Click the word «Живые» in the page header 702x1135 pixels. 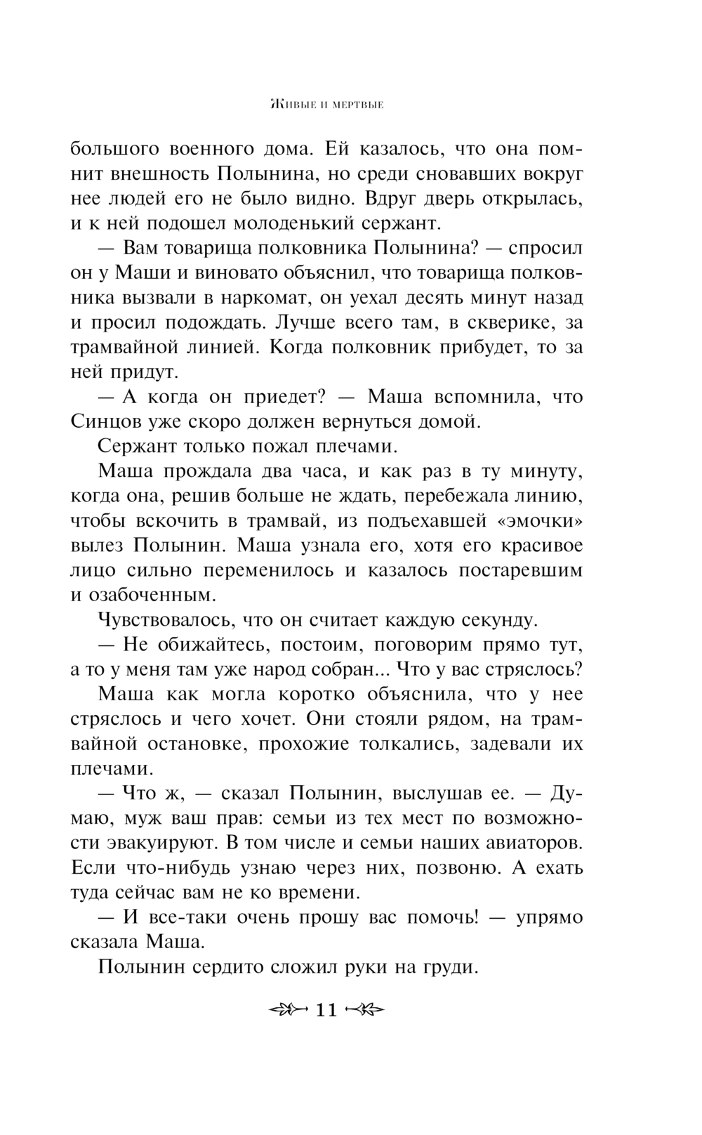tap(291, 106)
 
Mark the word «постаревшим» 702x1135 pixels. tap(521, 570)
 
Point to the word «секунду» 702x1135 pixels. tap(496, 620)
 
